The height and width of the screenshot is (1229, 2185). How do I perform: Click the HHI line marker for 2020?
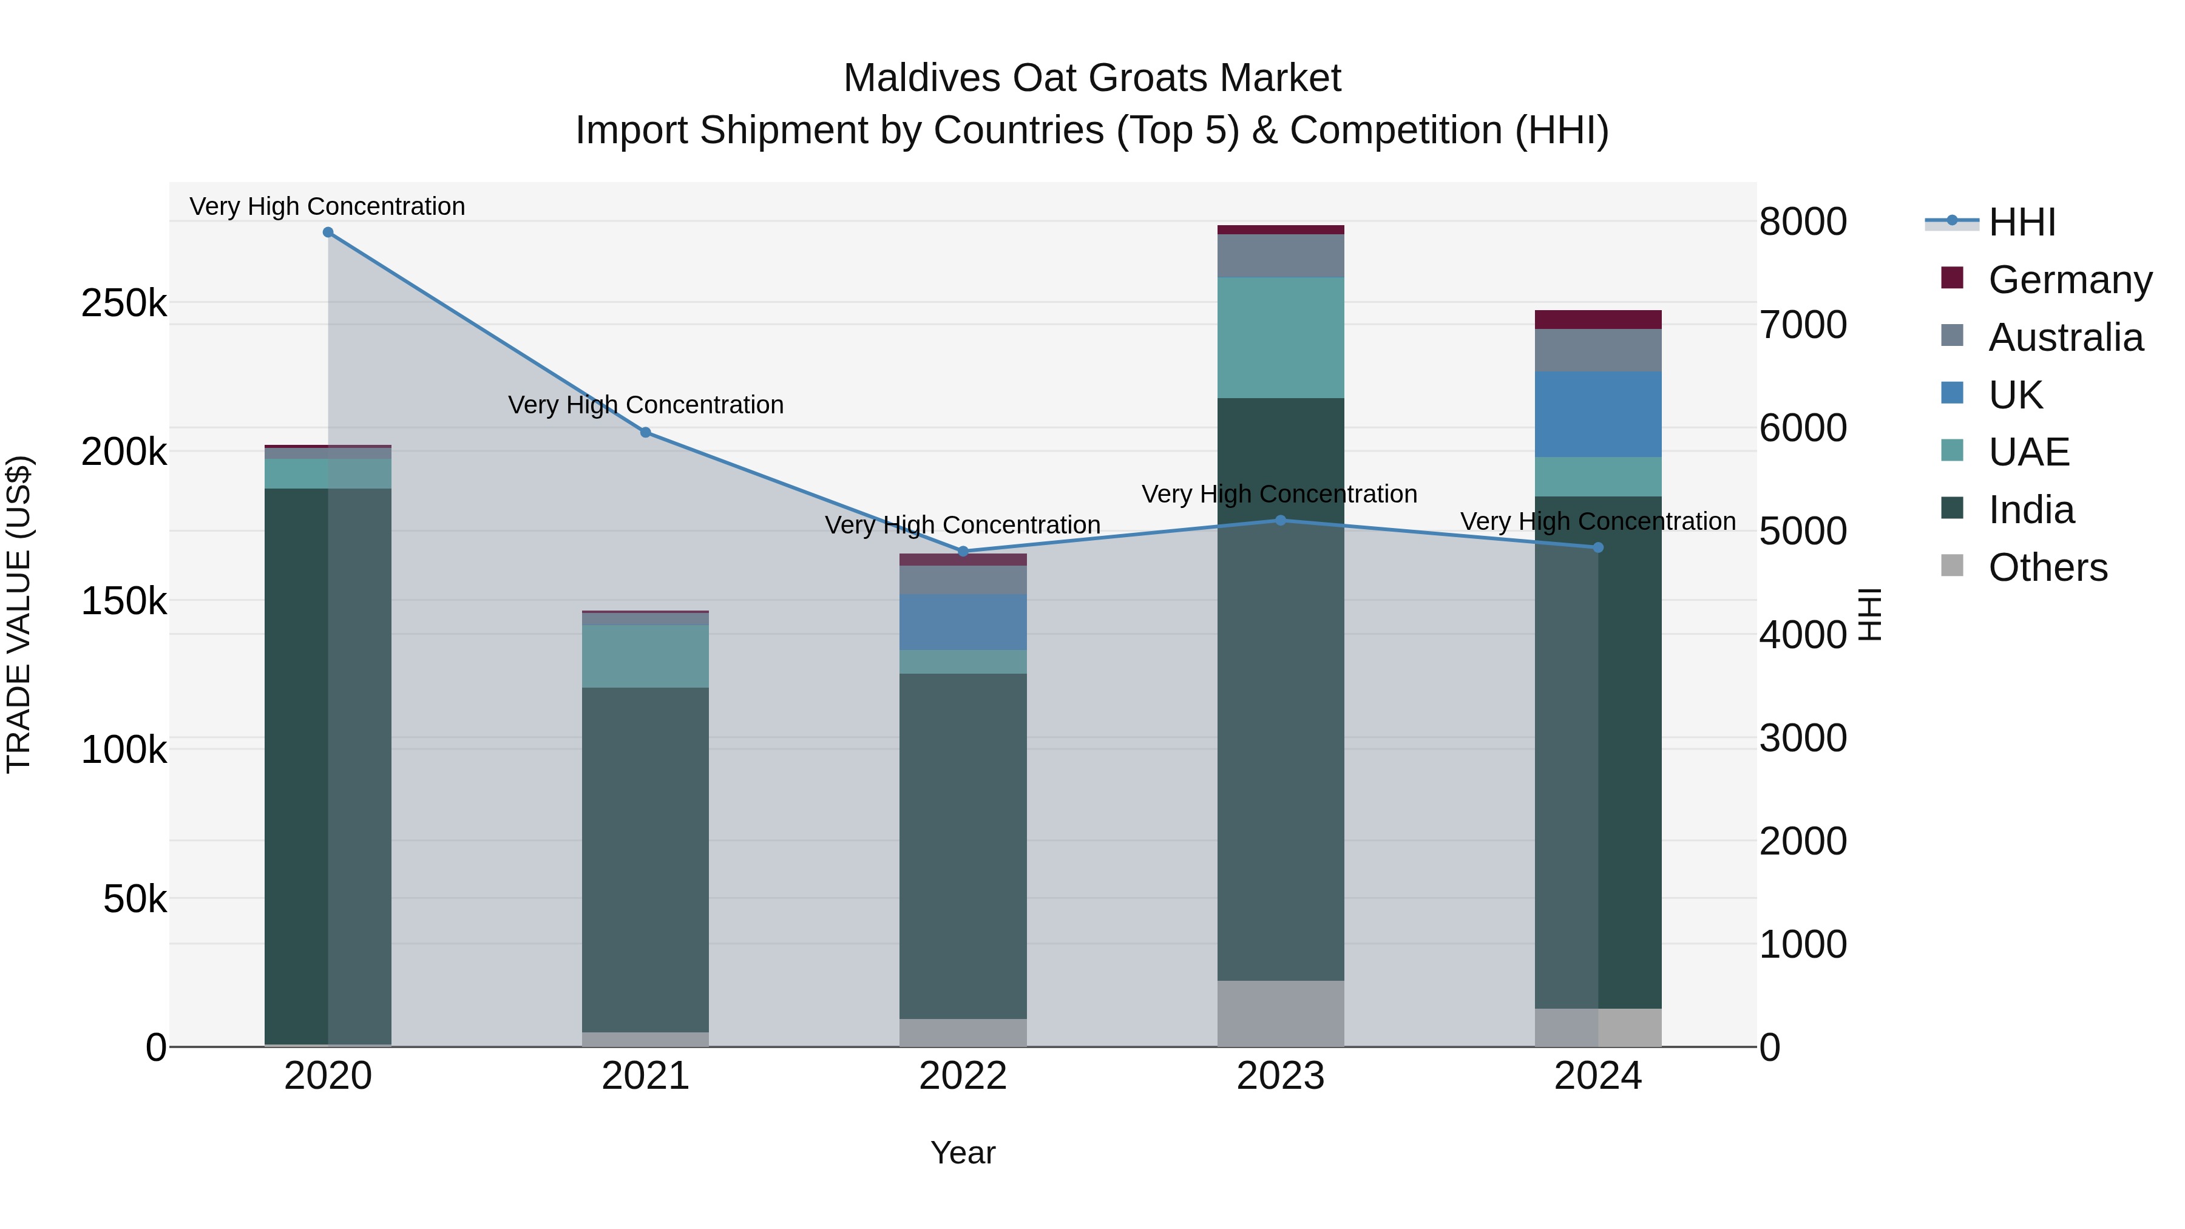328,232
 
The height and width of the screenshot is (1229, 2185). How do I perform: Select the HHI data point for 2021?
646,433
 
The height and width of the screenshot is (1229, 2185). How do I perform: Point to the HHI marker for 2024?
1598,548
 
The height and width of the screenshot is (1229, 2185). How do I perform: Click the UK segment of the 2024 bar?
1598,414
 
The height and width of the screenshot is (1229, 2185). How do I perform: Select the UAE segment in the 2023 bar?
1280,337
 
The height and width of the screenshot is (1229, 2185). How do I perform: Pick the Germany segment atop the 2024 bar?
1598,320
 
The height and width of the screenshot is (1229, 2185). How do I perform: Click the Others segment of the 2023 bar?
1280,1014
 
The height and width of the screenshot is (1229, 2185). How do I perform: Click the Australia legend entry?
2065,337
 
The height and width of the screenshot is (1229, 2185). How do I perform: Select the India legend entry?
2031,510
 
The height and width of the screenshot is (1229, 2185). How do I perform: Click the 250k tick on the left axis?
124,303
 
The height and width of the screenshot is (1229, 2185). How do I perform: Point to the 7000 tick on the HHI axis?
1803,325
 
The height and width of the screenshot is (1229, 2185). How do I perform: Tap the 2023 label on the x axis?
1280,1076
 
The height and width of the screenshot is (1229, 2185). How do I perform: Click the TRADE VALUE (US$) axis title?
19,614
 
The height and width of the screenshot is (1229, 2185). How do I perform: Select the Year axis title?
963,1153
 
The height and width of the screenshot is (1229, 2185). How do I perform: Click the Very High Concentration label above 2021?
646,405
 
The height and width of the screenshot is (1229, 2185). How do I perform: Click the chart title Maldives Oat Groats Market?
1092,78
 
